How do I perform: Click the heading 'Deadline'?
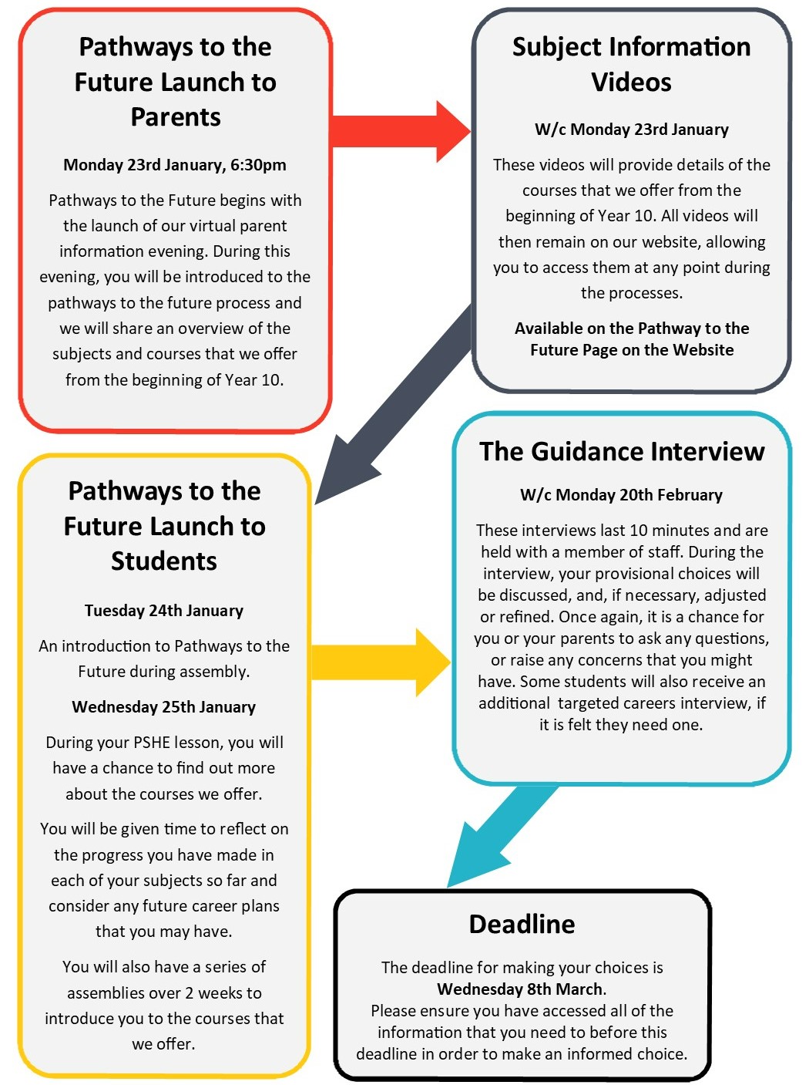tap(522, 924)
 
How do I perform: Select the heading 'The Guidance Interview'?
tap(622, 451)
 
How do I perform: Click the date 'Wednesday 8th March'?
tap(520, 989)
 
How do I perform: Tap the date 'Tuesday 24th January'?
tap(164, 611)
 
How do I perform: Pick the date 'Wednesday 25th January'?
tap(164, 707)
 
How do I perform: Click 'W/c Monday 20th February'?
tap(621, 495)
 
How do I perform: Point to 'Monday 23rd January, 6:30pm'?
tap(175, 165)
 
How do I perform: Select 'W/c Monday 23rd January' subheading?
tap(631, 130)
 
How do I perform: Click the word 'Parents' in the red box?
tap(176, 117)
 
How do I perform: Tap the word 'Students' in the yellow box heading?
tap(164, 561)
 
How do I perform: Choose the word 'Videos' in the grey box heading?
tap(631, 83)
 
